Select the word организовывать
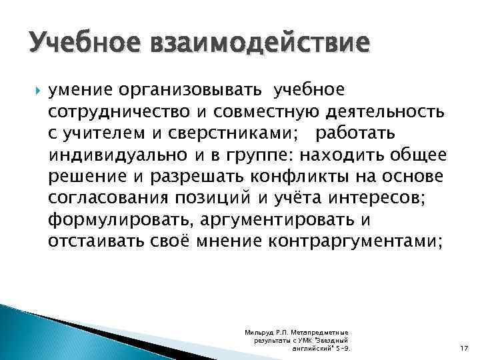tap(197, 89)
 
